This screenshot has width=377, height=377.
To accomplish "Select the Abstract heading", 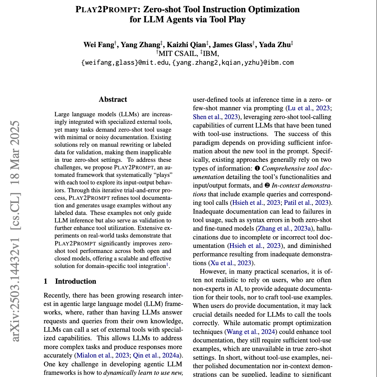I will click(113, 100).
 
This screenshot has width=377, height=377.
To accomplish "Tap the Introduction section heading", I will click(75, 281).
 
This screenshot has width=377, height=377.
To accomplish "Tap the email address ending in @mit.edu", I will click(126, 63).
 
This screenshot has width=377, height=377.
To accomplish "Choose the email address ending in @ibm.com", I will click(233, 63).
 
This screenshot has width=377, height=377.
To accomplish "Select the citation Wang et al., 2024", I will click(251, 332).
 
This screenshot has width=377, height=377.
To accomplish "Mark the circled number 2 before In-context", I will click(267, 185).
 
